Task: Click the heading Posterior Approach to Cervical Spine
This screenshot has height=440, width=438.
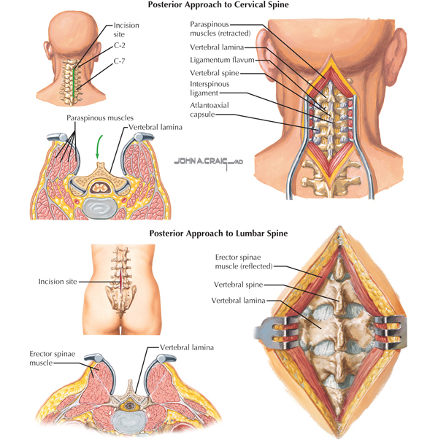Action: [x=218, y=5]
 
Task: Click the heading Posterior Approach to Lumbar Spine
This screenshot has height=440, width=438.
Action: [x=218, y=233]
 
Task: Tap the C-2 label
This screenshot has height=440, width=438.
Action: [x=120, y=45]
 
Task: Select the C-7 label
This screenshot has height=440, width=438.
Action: [x=119, y=61]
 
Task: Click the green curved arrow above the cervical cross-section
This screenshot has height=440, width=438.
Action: [x=99, y=147]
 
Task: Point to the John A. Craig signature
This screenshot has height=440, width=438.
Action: [x=208, y=162]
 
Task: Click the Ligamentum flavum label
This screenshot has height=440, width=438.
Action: [x=222, y=60]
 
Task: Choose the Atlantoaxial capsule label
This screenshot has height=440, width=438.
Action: [x=210, y=109]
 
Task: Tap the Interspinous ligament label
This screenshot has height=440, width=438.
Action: [x=210, y=88]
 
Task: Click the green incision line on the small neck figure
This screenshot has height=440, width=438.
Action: [x=74, y=82]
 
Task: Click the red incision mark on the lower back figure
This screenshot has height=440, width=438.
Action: [x=121, y=281]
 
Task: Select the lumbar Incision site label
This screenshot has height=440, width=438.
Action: [x=58, y=282]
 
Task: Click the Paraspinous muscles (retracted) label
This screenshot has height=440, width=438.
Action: [x=220, y=28]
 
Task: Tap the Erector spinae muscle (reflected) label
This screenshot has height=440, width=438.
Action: [x=244, y=261]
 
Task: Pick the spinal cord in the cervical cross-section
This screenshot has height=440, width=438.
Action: [x=99, y=187]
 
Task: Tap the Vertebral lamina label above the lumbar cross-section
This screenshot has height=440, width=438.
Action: [x=187, y=347]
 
